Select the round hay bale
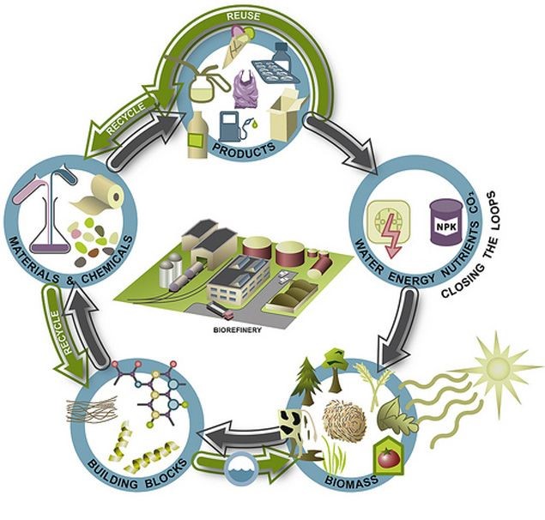[343, 420]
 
